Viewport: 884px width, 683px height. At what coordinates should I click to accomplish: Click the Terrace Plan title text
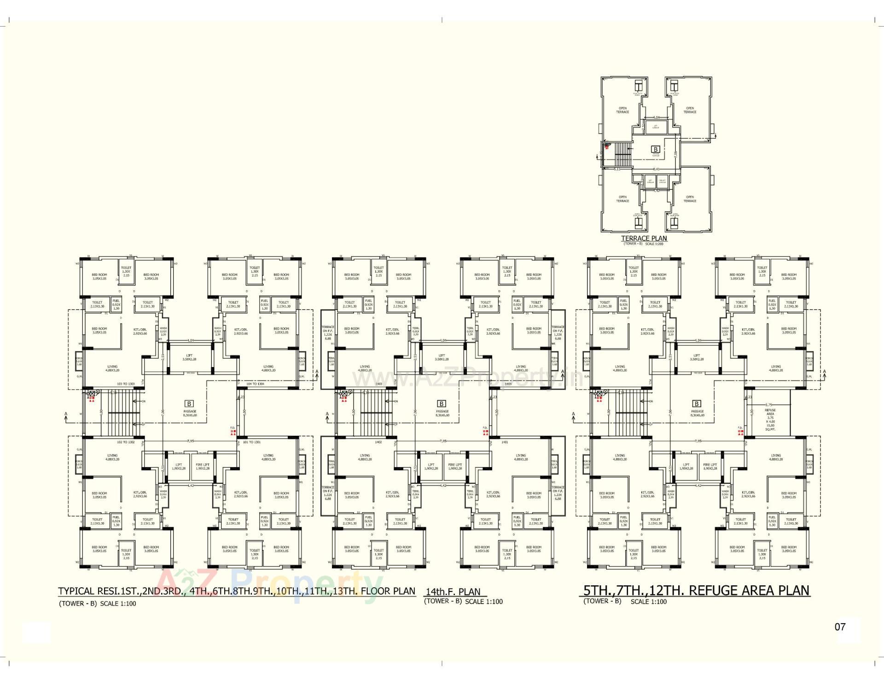(x=644, y=238)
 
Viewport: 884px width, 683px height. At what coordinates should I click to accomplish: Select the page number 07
(x=840, y=626)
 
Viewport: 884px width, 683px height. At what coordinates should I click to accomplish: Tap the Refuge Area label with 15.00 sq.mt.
(x=770, y=419)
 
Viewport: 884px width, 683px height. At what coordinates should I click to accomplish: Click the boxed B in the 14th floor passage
(x=441, y=403)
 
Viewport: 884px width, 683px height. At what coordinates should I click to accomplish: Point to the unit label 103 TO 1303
(x=126, y=384)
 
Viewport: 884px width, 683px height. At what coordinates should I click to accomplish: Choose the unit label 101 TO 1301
(x=251, y=442)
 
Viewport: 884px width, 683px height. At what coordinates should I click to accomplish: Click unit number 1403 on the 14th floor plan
(x=378, y=384)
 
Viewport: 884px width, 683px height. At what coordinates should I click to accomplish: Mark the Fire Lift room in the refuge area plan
(x=710, y=466)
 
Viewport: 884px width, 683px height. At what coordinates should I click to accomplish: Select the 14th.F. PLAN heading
(x=453, y=592)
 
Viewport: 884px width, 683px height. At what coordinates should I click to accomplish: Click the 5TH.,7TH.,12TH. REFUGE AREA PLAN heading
(x=696, y=590)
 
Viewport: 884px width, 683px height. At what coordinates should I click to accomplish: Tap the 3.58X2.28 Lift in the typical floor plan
(x=189, y=357)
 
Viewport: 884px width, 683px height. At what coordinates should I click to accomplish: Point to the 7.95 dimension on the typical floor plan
(x=191, y=441)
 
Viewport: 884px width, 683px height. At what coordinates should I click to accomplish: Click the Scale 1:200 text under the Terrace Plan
(x=656, y=244)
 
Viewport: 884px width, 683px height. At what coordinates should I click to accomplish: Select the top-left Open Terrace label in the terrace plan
(x=622, y=110)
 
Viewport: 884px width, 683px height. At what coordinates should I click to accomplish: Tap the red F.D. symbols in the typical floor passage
(x=233, y=432)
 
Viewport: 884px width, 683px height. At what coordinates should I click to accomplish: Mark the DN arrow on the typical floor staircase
(x=143, y=401)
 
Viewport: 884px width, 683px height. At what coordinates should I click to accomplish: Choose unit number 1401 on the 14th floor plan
(x=505, y=442)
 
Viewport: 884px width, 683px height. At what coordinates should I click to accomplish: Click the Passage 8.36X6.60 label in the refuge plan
(x=697, y=413)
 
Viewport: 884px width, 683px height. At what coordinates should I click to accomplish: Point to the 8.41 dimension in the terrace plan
(x=657, y=169)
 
